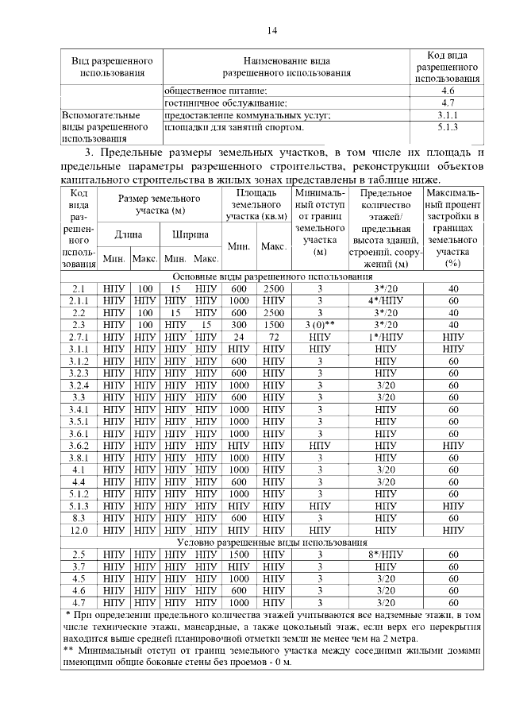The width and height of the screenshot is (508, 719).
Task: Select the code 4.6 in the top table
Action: tap(448, 91)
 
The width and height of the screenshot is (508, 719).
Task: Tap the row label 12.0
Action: tap(78, 530)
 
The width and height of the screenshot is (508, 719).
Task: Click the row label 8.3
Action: tap(78, 517)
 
